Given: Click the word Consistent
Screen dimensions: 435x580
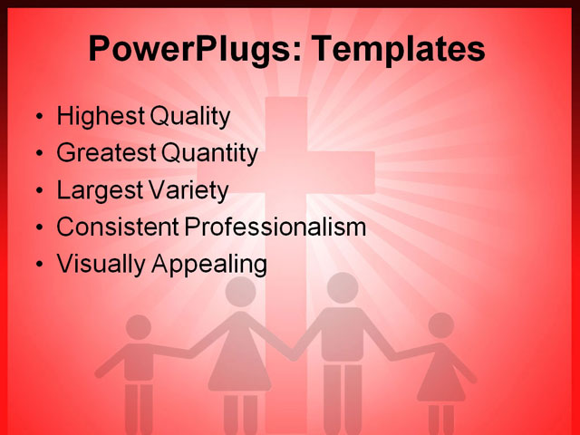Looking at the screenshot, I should (118, 227).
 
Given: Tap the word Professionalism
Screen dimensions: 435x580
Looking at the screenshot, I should (275, 227).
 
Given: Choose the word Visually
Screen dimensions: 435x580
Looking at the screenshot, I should (98, 265).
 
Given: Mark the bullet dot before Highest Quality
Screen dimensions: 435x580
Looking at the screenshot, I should (37, 118).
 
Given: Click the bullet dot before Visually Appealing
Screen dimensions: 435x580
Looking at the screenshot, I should (37, 265).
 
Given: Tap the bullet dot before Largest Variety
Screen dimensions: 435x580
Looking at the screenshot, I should (37, 191).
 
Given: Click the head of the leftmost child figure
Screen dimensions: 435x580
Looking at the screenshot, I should (139, 327).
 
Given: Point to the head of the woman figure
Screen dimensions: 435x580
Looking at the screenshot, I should (240, 291).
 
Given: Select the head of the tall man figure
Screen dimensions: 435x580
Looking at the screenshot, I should (342, 287).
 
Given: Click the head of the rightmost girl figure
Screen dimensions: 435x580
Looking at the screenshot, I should (440, 325).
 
